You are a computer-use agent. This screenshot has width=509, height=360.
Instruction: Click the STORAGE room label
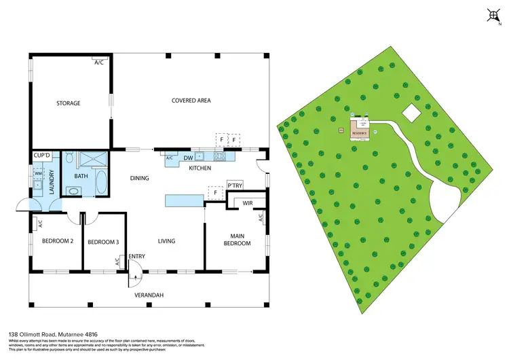pyautogui.click(x=69, y=103)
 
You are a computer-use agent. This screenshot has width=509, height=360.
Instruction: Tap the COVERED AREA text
pyautogui.click(x=191, y=101)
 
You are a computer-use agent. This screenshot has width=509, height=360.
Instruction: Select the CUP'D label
pyautogui.click(x=42, y=156)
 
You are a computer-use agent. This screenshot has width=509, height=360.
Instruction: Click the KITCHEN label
pyautogui.click(x=200, y=168)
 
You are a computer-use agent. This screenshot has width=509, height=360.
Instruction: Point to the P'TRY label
pyautogui.click(x=235, y=185)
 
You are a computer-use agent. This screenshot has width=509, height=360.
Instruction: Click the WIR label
pyautogui.click(x=242, y=202)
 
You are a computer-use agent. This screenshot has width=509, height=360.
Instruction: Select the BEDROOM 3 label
pyautogui.click(x=102, y=241)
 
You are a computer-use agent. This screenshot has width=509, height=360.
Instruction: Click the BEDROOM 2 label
pyautogui.click(x=58, y=241)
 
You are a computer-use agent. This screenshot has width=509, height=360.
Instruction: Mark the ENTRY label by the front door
pyautogui.click(x=136, y=256)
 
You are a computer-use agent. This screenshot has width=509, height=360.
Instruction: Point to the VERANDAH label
pyautogui.click(x=149, y=295)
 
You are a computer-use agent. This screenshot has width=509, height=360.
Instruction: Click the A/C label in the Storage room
pyautogui.click(x=99, y=62)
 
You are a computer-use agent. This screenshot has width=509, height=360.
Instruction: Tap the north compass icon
pyautogui.click(x=493, y=14)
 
